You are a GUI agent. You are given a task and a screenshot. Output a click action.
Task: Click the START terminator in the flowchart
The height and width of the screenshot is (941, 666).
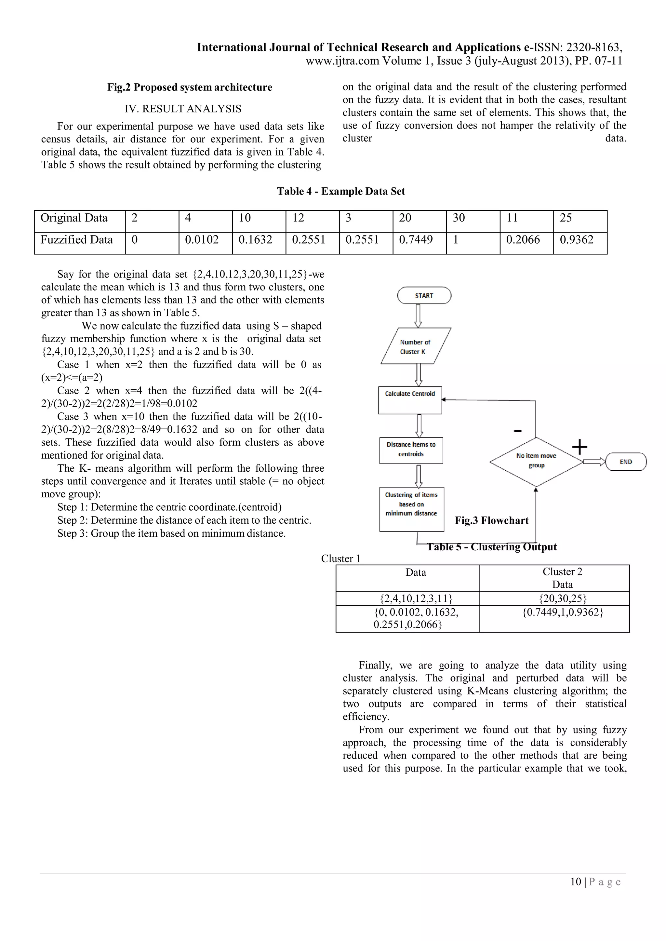(x=424, y=295)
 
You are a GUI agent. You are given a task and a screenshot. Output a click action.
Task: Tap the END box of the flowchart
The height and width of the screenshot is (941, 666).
(x=626, y=462)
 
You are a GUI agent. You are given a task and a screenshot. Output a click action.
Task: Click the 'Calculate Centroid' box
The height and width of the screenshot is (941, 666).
(x=410, y=400)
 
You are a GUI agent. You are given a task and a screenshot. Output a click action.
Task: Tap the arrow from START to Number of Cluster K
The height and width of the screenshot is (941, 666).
(x=418, y=316)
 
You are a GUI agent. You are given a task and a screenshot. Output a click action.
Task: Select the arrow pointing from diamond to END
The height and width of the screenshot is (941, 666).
(x=594, y=462)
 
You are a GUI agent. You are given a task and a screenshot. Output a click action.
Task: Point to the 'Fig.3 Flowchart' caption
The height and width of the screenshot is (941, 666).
(x=491, y=520)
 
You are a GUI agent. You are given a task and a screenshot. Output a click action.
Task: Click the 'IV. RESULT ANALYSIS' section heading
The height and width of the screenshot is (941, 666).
(x=183, y=109)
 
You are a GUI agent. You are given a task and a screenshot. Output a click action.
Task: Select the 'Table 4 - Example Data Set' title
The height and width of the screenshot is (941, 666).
(x=341, y=191)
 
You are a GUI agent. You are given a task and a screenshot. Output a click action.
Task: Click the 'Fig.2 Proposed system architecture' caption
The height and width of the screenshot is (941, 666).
(x=190, y=87)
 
